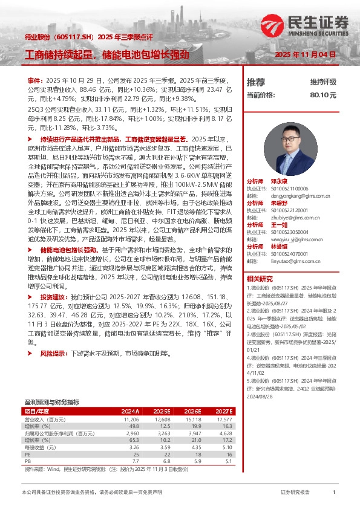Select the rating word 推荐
click(x=256, y=82)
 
